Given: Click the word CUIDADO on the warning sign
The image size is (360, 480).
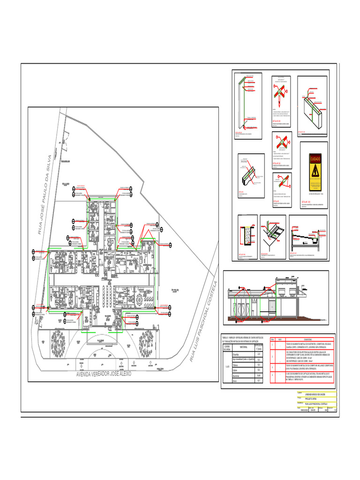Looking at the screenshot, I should (x=315, y=159).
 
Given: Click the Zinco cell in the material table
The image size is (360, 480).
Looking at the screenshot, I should (x=236, y=381).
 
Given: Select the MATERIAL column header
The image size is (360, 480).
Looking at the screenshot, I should (x=240, y=347).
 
